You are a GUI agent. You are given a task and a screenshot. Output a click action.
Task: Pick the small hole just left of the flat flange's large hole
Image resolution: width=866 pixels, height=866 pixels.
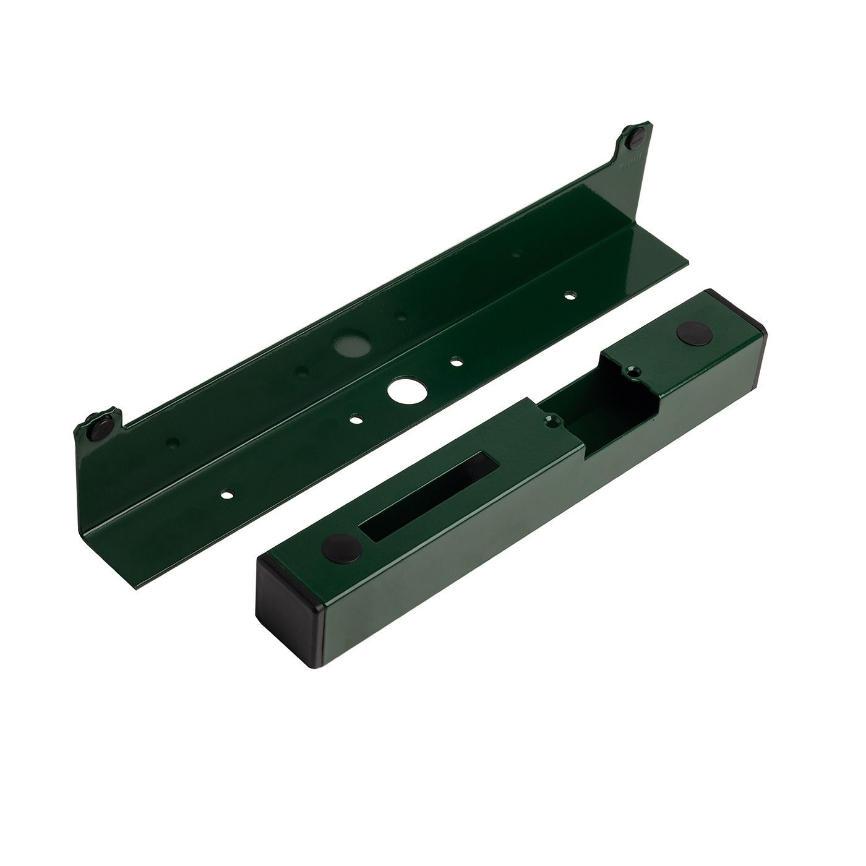[x=354, y=419]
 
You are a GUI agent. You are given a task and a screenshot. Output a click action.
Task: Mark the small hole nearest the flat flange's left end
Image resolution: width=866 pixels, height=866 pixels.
[x=228, y=495]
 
